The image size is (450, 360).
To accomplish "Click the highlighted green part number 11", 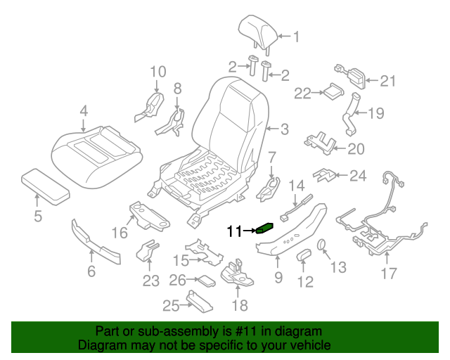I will [265, 227].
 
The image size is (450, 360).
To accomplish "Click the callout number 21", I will [388, 81].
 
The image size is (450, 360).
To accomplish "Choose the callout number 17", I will [389, 272].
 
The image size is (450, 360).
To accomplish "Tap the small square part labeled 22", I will [332, 91].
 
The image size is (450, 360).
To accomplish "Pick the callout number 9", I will [278, 278].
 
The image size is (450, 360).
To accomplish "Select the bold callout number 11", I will [233, 230].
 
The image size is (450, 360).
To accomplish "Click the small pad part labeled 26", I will [206, 281].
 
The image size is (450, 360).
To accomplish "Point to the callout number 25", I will [171, 305].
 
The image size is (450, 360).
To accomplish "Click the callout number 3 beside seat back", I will [284, 129].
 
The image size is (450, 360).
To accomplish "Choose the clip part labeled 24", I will [325, 173].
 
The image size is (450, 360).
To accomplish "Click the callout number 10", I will [157, 71].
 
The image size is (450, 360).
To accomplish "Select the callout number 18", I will [240, 305].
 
